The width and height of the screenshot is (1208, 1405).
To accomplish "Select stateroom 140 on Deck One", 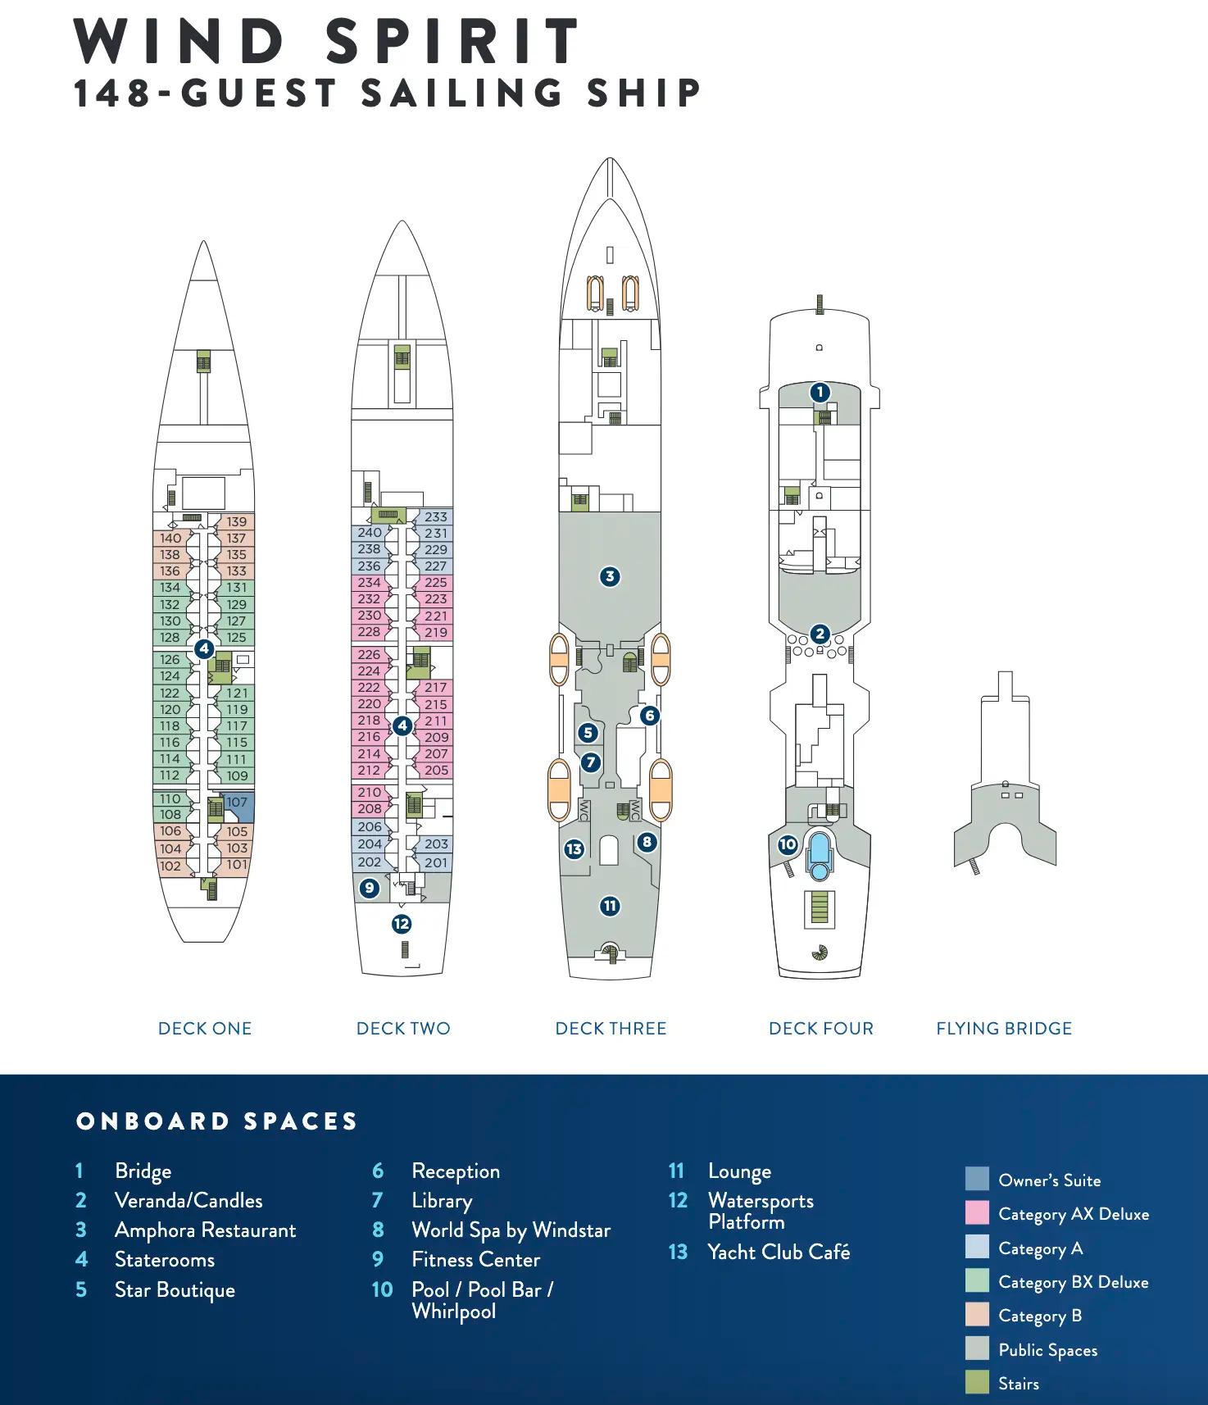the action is pos(170,539).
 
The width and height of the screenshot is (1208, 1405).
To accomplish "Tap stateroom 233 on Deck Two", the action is pos(436,517).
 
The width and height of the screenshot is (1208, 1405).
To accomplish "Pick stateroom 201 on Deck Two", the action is pos(436,862).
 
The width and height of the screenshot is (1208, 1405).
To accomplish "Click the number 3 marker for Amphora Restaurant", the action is pos(609,576).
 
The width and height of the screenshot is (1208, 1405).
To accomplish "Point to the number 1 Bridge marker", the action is pos(820,392).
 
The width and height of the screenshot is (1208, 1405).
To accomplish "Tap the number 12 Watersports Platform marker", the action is pos(401,924).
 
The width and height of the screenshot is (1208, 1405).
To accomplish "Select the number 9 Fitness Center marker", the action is pos(370,887).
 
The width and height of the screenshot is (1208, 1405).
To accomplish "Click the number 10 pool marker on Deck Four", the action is pos(788,844).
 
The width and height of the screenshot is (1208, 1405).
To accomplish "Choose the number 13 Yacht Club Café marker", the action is pos(574,849).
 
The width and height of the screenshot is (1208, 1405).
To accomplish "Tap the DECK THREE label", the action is pos(611,1029).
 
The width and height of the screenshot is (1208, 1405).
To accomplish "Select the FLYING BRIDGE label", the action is pos(1004,1029).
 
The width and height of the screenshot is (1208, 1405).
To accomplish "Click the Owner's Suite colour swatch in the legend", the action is pos(977,1180).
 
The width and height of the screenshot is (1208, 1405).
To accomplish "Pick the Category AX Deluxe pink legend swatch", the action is pos(977,1214).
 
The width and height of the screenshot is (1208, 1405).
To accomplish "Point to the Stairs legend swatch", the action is pos(977,1384).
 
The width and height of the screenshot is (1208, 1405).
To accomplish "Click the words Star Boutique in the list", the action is pos(175,1290).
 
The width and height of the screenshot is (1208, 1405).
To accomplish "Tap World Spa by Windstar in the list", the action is pos(511,1230).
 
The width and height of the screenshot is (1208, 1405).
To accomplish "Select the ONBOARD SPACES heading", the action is pos(217,1121).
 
